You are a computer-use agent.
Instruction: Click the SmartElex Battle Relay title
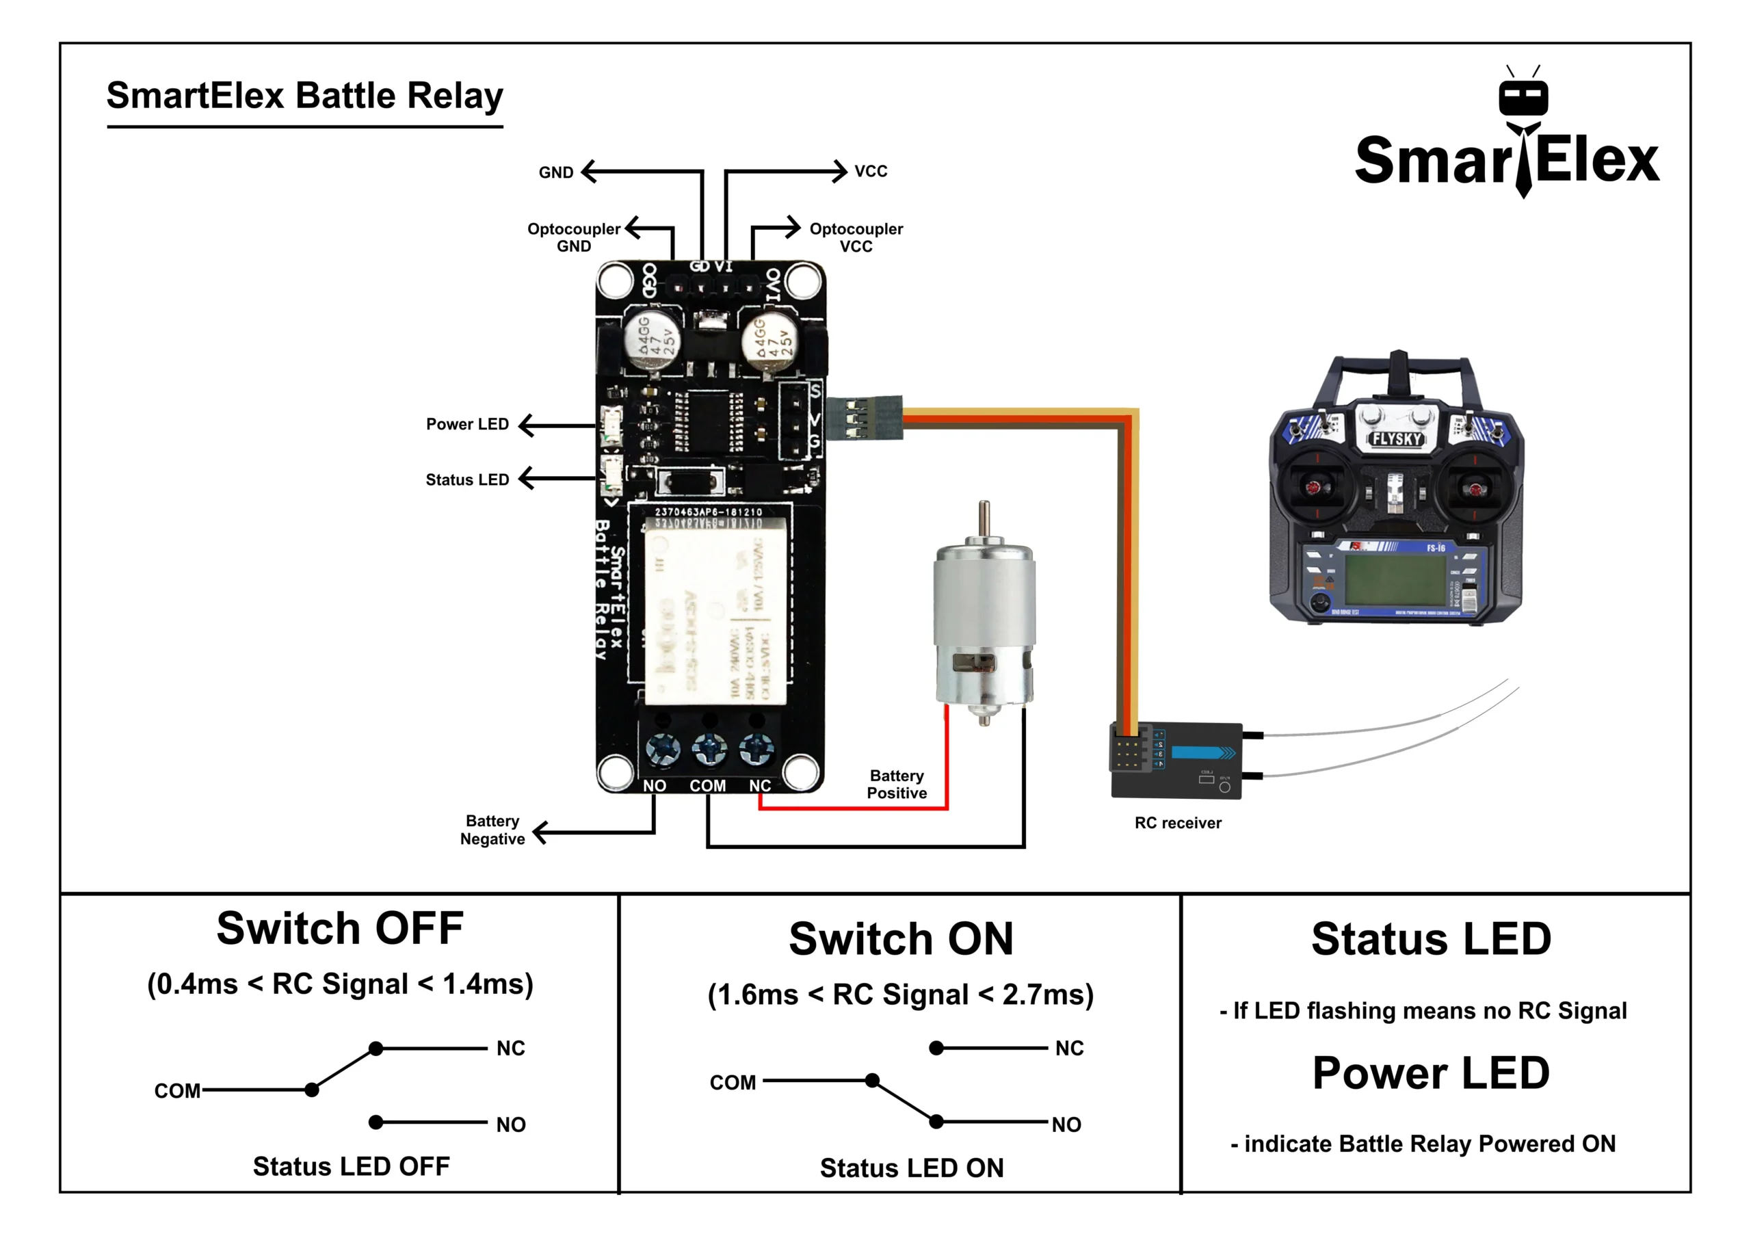(x=304, y=96)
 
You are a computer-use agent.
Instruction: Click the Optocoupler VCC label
(x=856, y=237)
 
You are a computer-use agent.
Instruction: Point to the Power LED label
(x=466, y=424)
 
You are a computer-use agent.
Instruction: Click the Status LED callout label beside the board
(x=466, y=479)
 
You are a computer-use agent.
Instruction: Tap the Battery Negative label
(x=492, y=830)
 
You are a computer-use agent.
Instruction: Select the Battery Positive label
(x=897, y=784)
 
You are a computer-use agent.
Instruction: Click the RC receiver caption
(x=1178, y=823)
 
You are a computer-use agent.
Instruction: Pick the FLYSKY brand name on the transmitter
(x=1397, y=439)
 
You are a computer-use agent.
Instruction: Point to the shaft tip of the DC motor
(x=984, y=505)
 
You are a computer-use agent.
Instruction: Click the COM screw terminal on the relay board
(x=709, y=749)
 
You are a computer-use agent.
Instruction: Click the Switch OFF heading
(x=340, y=928)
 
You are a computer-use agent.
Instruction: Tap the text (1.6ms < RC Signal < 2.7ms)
(x=901, y=995)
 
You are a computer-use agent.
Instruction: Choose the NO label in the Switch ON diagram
(x=1066, y=1124)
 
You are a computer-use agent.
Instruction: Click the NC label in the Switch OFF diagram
(x=510, y=1048)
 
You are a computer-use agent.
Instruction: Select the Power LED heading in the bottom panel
(x=1431, y=1073)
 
